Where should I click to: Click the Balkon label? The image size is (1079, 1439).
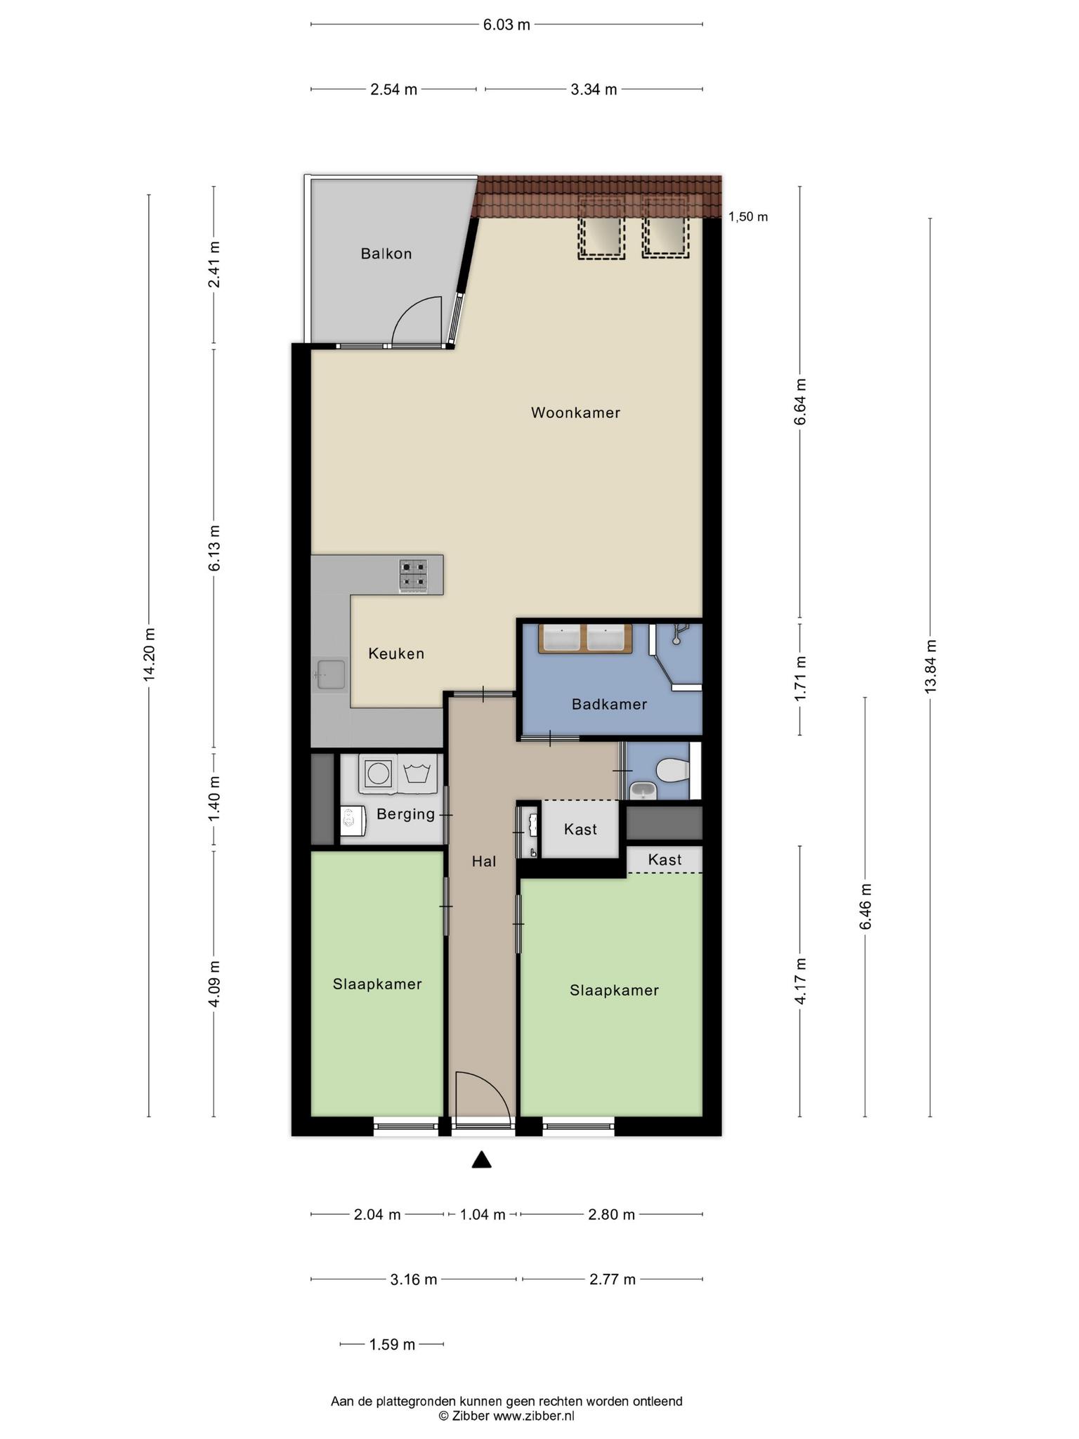(386, 254)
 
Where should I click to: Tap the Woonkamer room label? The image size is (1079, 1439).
(575, 412)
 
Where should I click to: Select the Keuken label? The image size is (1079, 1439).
(396, 653)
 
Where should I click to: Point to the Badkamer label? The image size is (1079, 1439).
(609, 704)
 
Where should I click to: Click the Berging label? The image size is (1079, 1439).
(405, 814)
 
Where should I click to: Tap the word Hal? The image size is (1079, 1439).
(484, 861)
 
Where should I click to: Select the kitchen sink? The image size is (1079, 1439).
(330, 675)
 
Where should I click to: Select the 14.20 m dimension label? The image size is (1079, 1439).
(149, 654)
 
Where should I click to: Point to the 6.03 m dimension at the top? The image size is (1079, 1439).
(506, 25)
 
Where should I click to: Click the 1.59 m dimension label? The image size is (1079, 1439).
(392, 1344)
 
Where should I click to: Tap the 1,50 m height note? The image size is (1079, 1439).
(747, 216)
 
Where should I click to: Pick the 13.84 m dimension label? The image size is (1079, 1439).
(930, 666)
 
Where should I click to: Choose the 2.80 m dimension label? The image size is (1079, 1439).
(611, 1214)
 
